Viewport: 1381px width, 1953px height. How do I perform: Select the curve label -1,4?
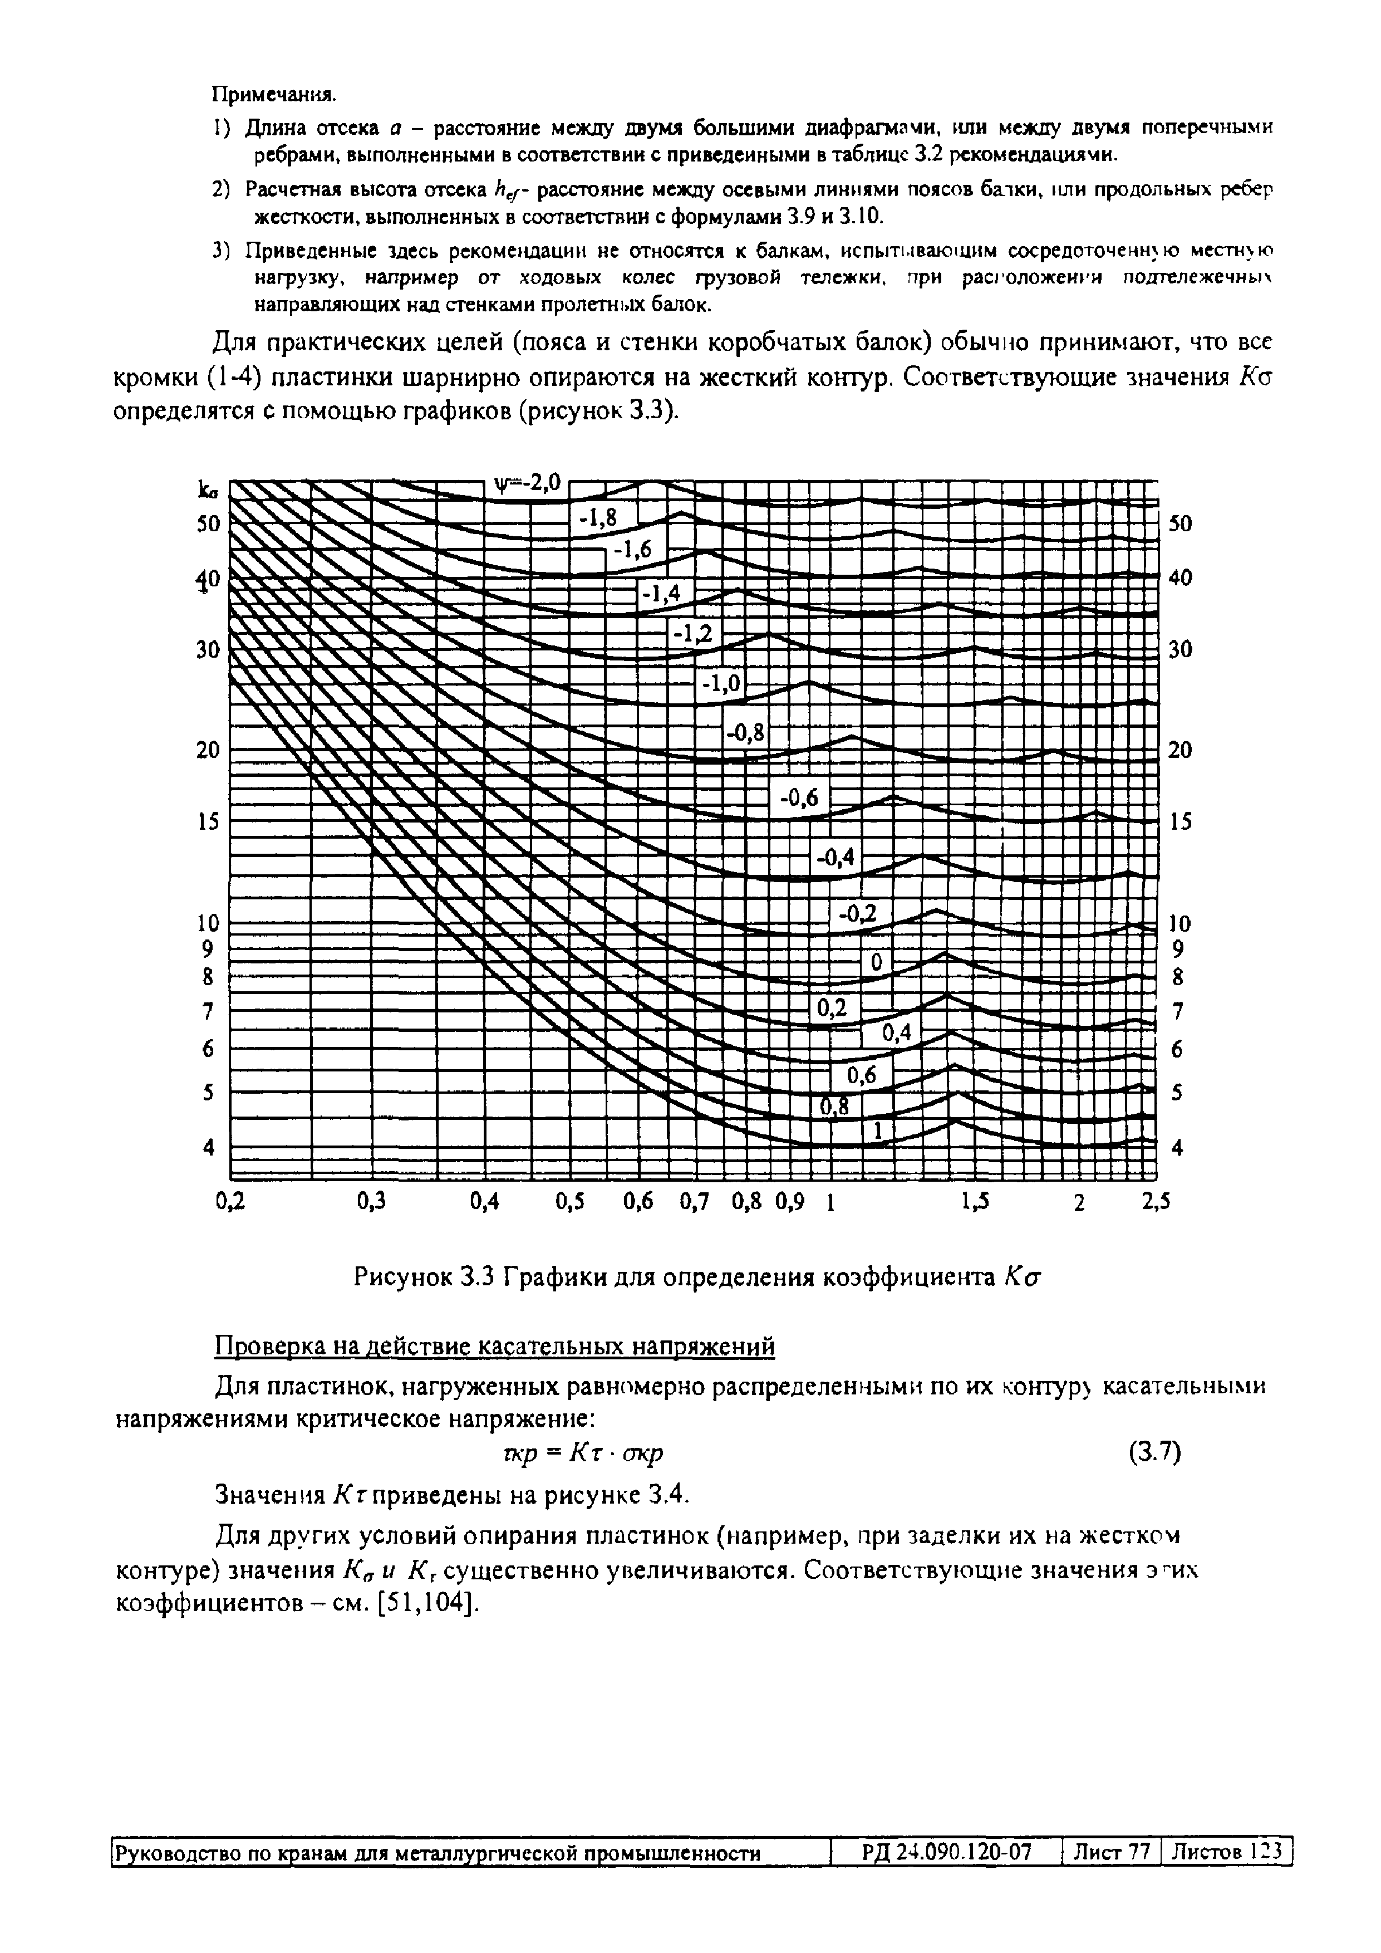[x=661, y=594]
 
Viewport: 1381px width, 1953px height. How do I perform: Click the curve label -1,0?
[x=721, y=684]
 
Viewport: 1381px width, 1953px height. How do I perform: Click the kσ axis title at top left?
[x=206, y=490]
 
